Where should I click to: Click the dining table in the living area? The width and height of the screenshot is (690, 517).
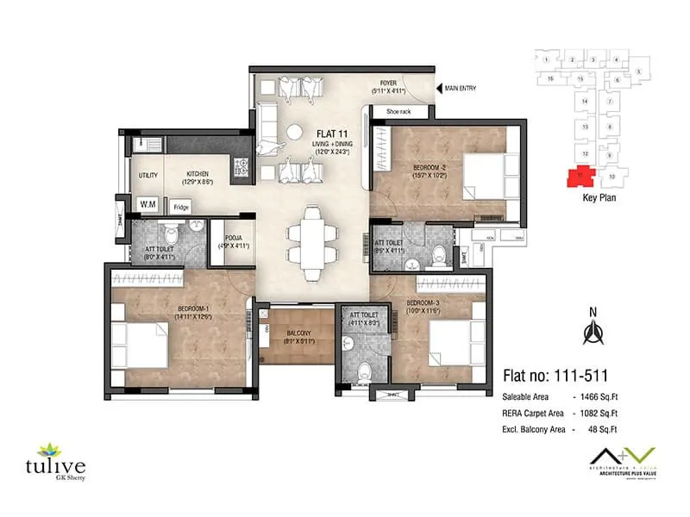[308, 244]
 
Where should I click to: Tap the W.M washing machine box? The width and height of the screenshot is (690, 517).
[147, 204]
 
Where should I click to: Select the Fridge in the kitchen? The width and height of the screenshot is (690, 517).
[180, 207]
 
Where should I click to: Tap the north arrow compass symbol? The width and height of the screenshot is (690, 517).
[593, 330]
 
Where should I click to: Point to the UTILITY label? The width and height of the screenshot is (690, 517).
[147, 175]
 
